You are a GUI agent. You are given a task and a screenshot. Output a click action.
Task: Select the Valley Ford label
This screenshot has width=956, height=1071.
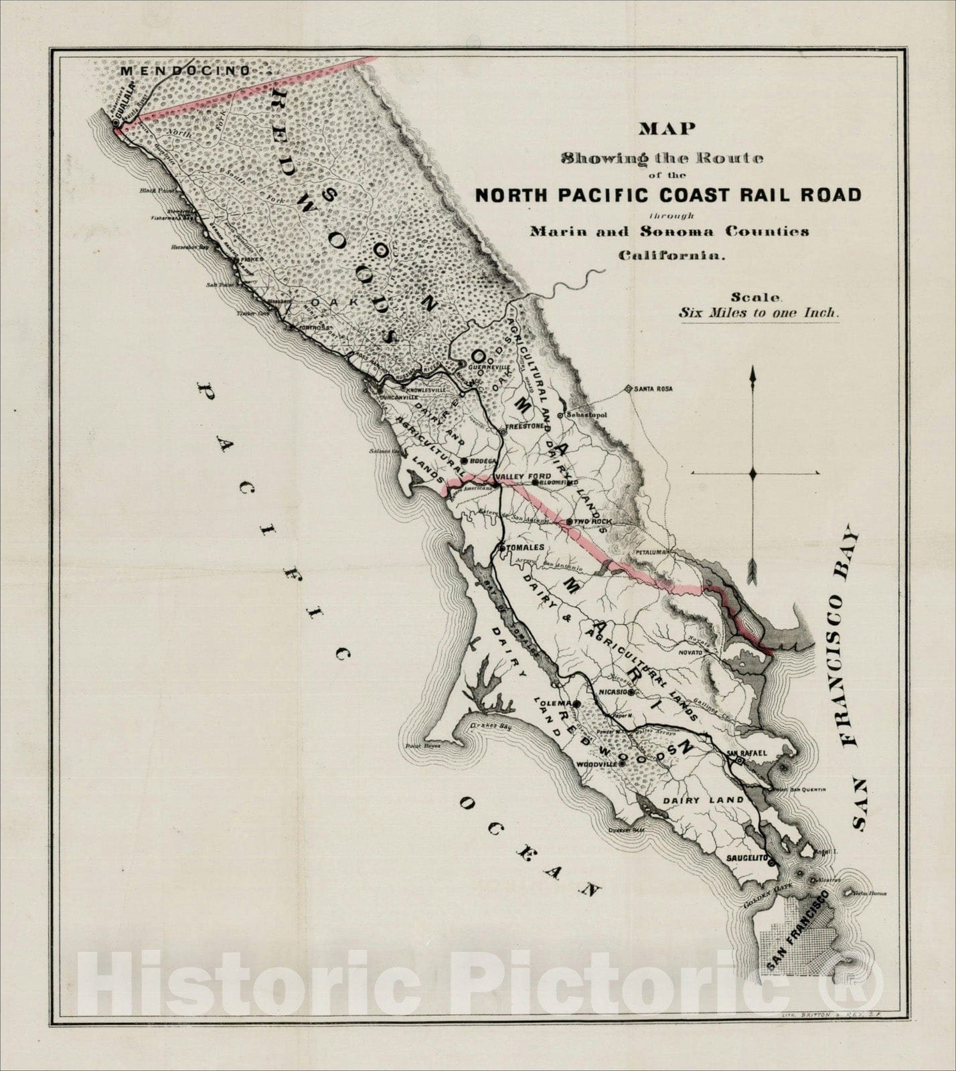[x=512, y=477]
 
